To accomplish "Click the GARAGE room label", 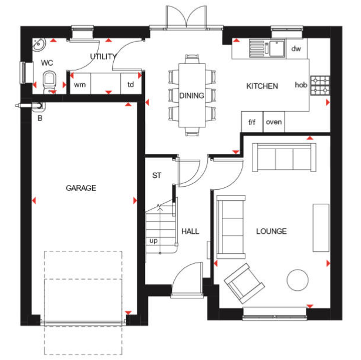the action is [81, 188].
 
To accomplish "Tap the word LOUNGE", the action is [271, 231].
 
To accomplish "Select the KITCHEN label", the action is [262, 86].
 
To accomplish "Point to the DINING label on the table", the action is [191, 95].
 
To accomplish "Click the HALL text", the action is [190, 231].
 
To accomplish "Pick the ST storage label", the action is [157, 176].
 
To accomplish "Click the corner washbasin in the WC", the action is [39, 44].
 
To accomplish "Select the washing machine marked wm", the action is [80, 84].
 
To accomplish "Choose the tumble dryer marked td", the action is [131, 84].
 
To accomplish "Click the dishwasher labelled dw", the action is [296, 48].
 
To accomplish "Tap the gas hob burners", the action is [320, 86].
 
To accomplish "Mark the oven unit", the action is [274, 122].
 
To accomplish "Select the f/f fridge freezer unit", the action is [252, 122].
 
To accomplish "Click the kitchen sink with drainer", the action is [267, 48].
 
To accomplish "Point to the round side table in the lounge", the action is [298, 280].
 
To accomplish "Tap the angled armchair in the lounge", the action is [244, 283].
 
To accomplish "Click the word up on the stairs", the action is [154, 241].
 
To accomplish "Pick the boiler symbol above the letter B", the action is [38, 107].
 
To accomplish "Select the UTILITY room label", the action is [103, 56].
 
